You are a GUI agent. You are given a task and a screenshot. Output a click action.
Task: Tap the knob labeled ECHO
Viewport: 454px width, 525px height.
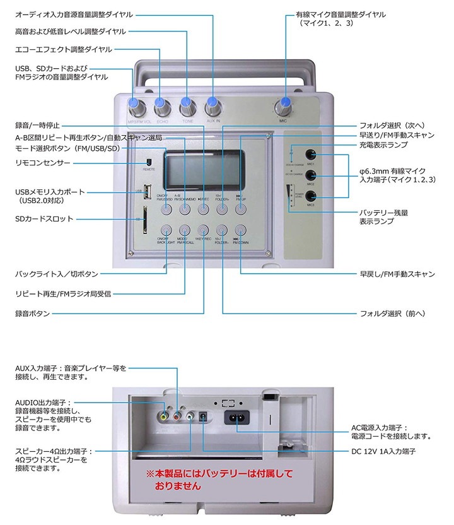(161, 105)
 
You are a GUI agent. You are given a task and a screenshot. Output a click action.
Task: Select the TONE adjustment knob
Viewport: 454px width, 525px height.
(187, 105)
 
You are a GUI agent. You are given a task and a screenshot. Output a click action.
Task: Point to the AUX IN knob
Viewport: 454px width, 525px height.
(213, 105)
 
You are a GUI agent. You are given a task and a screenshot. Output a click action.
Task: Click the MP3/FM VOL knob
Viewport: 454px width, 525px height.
(134, 105)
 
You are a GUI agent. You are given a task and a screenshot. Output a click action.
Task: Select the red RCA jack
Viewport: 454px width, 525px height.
(177, 415)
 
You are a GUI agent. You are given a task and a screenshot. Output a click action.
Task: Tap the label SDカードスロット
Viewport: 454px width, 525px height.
(44, 219)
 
